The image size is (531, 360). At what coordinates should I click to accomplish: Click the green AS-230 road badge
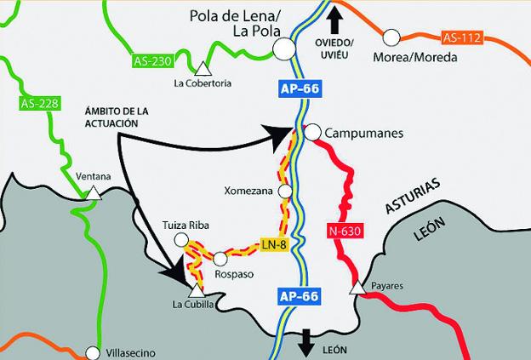tap(153, 62)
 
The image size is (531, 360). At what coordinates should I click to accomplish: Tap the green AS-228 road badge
tap(37, 104)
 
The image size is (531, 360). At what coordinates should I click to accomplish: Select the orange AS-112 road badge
tap(461, 37)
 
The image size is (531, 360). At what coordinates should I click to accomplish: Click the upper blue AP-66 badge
tap(299, 88)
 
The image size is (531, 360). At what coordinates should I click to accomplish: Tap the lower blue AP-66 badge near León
tap(299, 296)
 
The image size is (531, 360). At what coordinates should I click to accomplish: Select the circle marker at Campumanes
tap(312, 132)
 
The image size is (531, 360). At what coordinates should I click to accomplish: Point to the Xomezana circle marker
tap(285, 191)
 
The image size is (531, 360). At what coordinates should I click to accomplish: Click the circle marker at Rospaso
tap(220, 257)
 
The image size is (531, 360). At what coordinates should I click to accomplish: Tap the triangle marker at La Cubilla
tap(197, 290)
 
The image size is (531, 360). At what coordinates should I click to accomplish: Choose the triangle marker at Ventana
tap(91, 193)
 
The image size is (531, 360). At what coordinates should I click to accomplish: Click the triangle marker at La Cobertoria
tap(203, 68)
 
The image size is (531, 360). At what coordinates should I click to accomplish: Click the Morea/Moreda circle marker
tap(391, 37)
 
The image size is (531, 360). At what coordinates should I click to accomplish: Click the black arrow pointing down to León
tap(305, 343)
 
